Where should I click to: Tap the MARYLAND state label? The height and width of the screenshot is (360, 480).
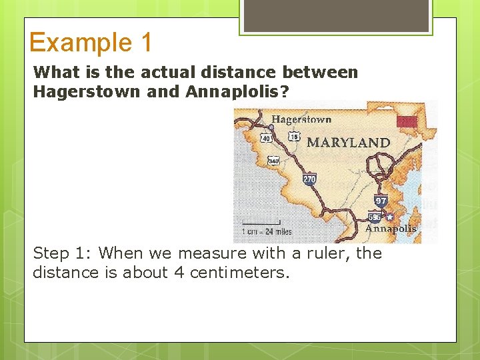347,143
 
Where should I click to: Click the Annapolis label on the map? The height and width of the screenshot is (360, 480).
391,228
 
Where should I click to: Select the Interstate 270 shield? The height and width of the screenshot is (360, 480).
309,179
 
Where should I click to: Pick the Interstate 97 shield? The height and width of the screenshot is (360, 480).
381,201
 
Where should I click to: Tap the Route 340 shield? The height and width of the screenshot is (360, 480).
273,161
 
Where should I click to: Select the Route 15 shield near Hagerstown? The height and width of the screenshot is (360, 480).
294,137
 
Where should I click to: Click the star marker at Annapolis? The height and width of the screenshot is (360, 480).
390,217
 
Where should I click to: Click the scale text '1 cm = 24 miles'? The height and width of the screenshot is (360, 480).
267,232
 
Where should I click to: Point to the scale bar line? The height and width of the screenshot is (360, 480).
267,226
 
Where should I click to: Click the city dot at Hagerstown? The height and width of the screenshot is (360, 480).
271,127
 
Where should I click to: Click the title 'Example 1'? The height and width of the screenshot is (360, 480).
91,42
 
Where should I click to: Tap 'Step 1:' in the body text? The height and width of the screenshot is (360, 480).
63,253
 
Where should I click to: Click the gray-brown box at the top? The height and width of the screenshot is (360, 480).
336,15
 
